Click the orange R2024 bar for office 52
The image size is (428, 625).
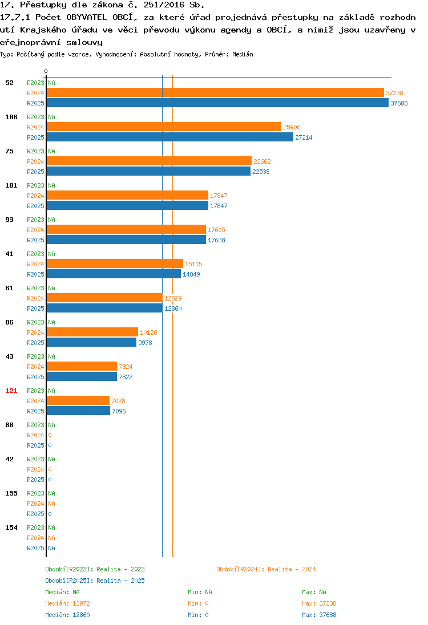(215, 93)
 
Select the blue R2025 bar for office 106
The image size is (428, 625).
(170, 137)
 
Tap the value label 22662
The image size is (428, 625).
(262, 161)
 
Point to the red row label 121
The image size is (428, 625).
(11, 391)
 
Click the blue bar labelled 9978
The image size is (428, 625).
(91, 342)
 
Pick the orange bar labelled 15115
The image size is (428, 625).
(115, 264)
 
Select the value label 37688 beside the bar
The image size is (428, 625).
(399, 103)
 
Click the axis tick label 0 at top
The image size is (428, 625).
(46, 71)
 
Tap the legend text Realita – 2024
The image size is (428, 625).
(292, 569)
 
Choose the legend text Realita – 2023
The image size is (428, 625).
(120, 569)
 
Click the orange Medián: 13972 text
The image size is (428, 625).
(67, 603)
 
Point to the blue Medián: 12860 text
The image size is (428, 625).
(67, 615)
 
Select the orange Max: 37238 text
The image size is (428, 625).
(319, 603)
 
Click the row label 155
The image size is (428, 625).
(11, 493)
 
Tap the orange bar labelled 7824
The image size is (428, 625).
(82, 366)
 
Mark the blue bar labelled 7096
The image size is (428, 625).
(78, 411)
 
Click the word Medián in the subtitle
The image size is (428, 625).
(243, 54)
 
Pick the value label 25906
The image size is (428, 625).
(292, 127)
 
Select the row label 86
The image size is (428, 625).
(9, 322)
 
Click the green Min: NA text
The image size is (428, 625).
(200, 592)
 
